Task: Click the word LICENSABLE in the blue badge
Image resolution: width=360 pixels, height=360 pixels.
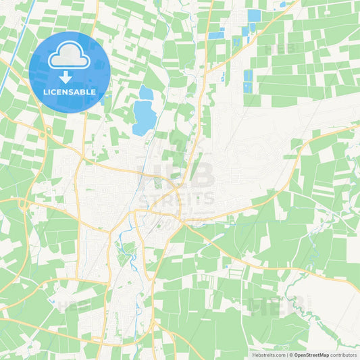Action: [x=70, y=91]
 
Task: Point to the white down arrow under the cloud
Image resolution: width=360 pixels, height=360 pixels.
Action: [x=70, y=77]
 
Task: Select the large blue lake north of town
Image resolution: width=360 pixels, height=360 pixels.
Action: [x=144, y=116]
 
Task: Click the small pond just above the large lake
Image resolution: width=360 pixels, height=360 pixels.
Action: [x=146, y=93]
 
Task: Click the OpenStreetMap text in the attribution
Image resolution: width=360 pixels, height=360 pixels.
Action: [x=311, y=355]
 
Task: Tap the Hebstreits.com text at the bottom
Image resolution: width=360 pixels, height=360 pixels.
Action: [x=269, y=355]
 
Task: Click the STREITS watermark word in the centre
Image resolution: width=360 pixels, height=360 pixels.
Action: [x=177, y=199]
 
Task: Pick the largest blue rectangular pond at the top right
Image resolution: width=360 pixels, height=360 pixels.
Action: [x=254, y=16]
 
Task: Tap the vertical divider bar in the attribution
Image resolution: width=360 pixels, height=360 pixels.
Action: [x=286, y=355]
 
